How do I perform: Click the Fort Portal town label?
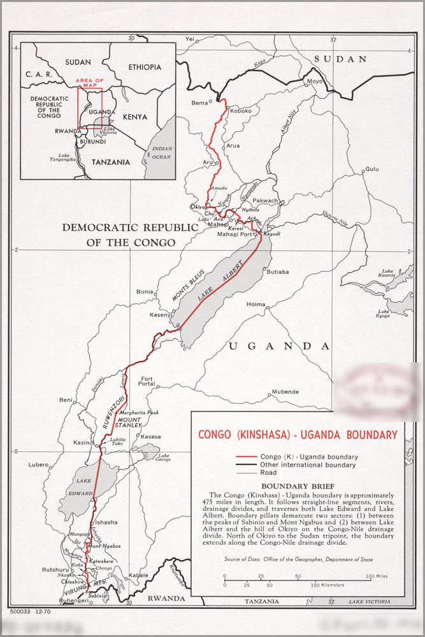[x=147, y=380]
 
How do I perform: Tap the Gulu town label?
[x=370, y=169]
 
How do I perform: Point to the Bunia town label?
[x=145, y=292]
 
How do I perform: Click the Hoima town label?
[x=256, y=304]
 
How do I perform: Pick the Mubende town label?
[x=285, y=391]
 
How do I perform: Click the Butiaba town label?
[x=277, y=272]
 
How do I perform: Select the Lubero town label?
[x=38, y=465]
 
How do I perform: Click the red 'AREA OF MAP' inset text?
[x=89, y=83]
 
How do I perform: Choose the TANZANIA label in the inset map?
[x=110, y=162]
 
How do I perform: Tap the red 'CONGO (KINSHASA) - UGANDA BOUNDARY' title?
[x=298, y=435]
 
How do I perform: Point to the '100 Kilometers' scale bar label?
[x=328, y=585]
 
